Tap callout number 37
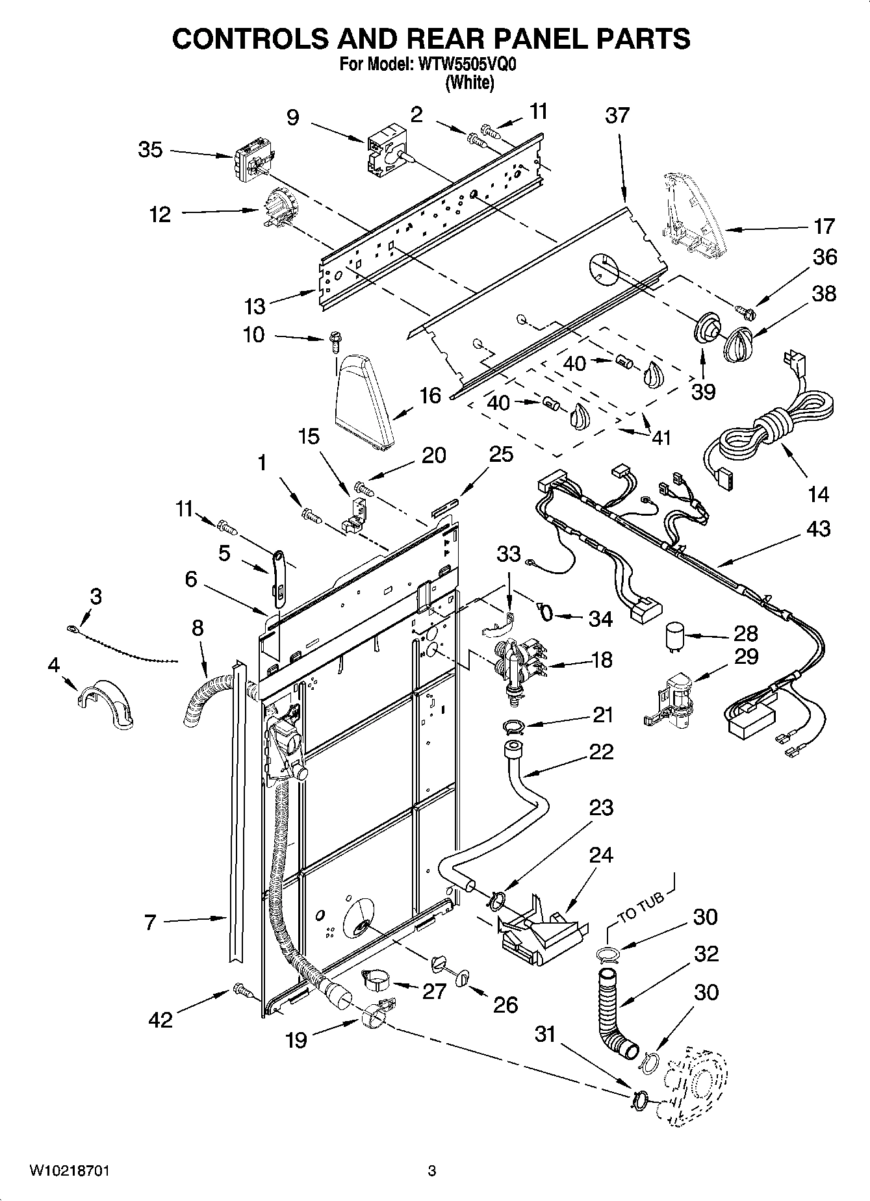pos(617,115)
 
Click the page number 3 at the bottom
pos(431,1171)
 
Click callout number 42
pos(160,1019)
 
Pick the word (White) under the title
pos(470,82)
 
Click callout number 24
pos(600,855)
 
